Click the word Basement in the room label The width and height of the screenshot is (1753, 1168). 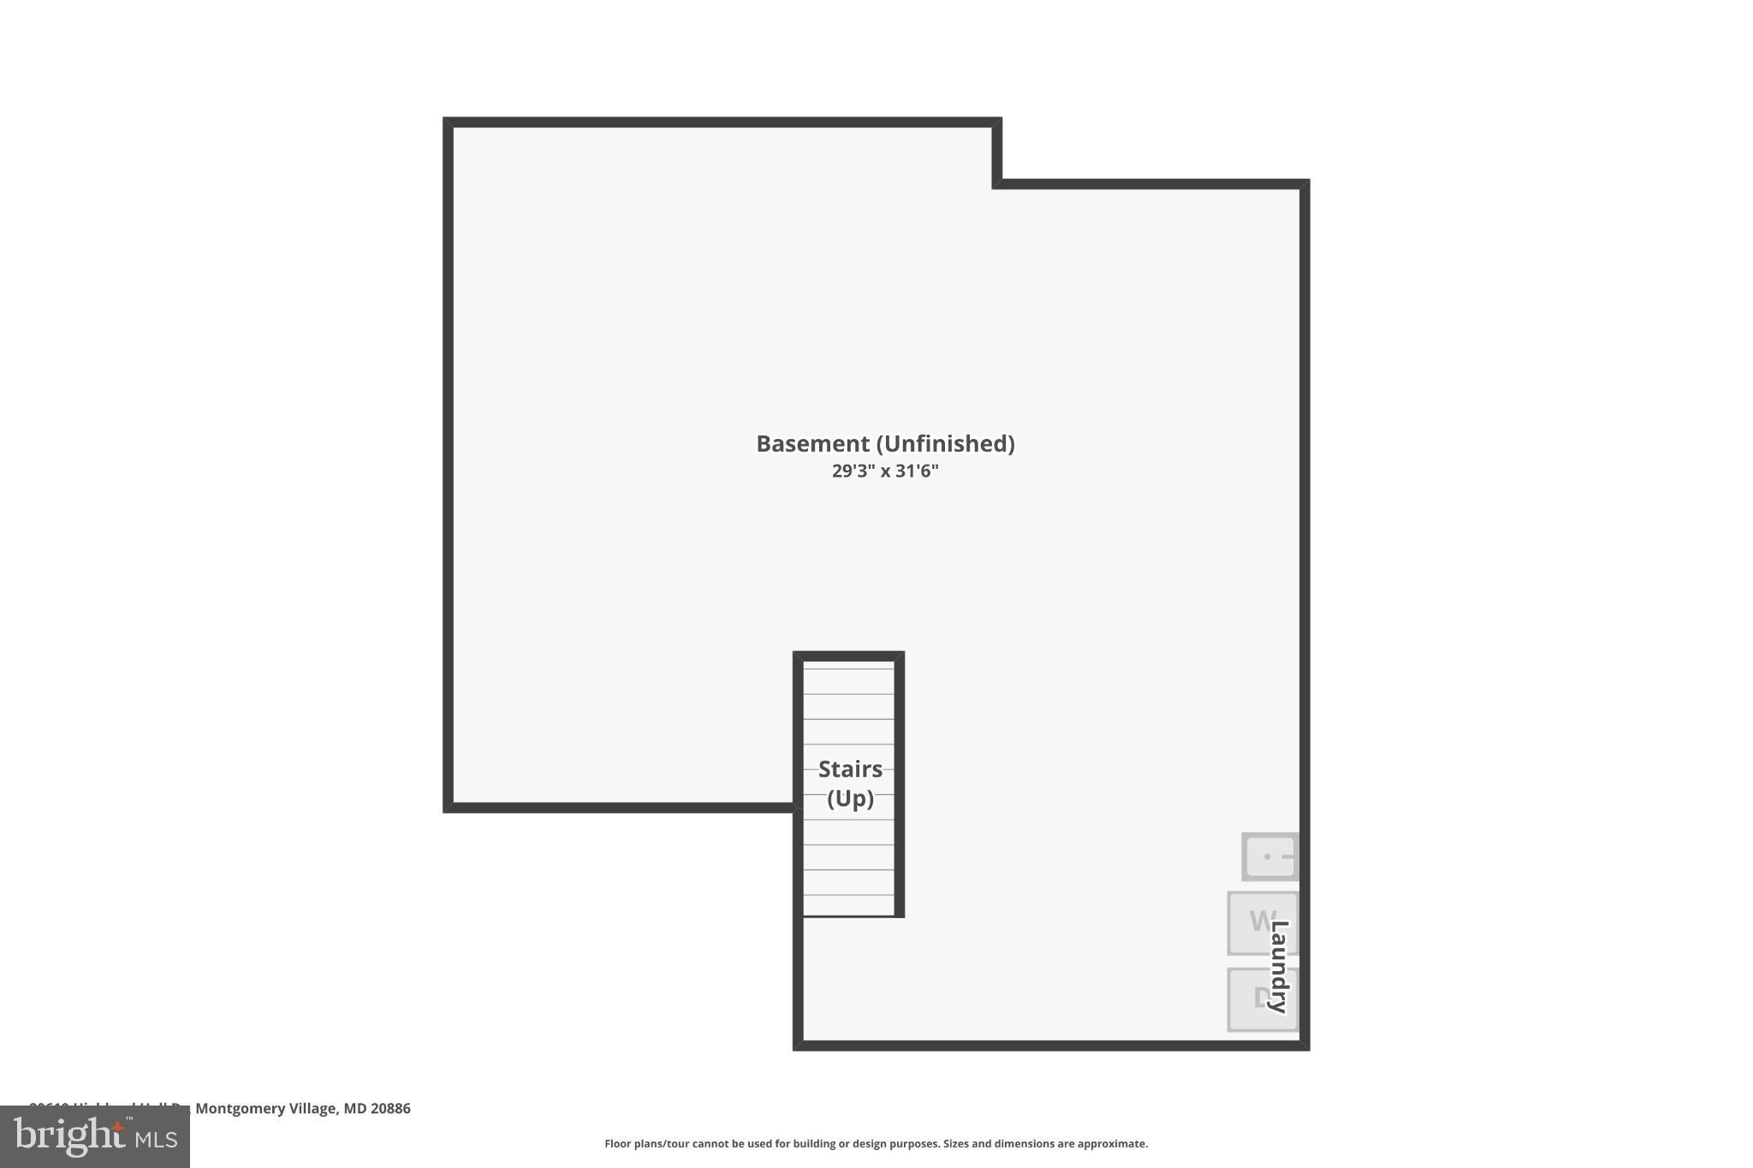[x=812, y=444]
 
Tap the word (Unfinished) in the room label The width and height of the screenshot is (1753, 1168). [x=945, y=444]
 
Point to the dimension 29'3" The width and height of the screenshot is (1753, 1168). [x=853, y=471]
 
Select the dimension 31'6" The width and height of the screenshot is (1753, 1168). [x=917, y=471]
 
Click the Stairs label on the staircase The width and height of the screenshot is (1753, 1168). [x=850, y=769]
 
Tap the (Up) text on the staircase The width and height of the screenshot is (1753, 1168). [x=850, y=798]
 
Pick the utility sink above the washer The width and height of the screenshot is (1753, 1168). [x=1269, y=857]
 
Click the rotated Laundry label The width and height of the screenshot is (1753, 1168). [x=1280, y=967]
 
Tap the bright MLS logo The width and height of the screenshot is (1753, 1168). [x=95, y=1137]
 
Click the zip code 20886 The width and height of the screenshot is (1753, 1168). [x=390, y=1109]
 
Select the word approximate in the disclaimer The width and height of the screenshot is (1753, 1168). [x=1112, y=1144]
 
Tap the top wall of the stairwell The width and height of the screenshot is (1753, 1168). [x=848, y=656]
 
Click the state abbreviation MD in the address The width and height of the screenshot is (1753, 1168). [x=354, y=1109]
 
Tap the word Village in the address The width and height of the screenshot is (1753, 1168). [x=312, y=1109]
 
